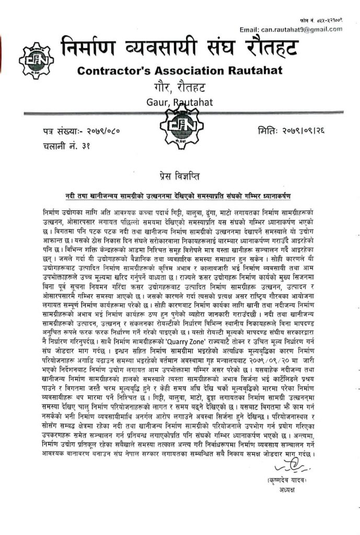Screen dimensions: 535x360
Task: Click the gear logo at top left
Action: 36,60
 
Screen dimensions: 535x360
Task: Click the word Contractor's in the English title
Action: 109,71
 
